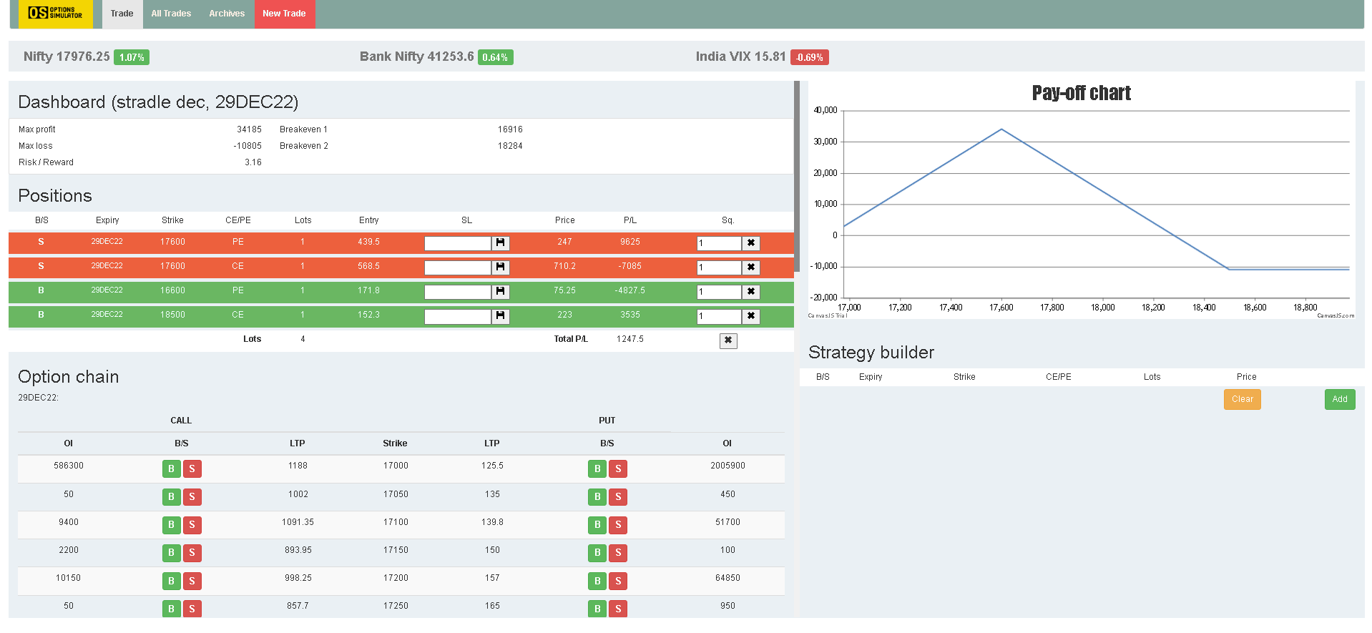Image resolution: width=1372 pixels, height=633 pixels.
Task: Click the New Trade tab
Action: click(284, 14)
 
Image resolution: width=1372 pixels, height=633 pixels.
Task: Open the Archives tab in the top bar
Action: click(227, 14)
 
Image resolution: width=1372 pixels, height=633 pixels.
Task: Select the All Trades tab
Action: click(171, 14)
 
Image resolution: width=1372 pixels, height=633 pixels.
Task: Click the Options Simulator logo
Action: click(55, 14)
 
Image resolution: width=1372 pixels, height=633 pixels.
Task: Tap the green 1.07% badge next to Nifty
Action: click(132, 57)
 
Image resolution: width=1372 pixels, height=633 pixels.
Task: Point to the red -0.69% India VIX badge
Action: click(810, 57)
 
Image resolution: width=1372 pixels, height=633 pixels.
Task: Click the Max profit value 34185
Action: click(249, 129)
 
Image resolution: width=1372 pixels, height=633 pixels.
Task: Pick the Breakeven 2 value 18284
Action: click(510, 146)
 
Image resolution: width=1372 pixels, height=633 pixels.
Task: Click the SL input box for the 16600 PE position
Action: click(458, 292)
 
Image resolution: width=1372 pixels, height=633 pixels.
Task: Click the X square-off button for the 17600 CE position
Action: click(751, 268)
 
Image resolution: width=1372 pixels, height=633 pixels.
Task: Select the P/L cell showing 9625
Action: click(630, 242)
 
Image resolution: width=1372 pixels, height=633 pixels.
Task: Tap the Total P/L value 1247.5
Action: click(630, 339)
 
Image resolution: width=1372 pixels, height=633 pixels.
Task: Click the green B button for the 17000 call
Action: click(171, 468)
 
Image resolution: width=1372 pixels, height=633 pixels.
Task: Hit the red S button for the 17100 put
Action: click(618, 525)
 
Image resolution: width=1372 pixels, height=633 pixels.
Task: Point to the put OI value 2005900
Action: click(727, 466)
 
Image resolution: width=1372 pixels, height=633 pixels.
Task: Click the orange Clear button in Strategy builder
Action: click(1243, 399)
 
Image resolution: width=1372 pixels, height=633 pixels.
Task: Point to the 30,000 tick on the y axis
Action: click(825, 142)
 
